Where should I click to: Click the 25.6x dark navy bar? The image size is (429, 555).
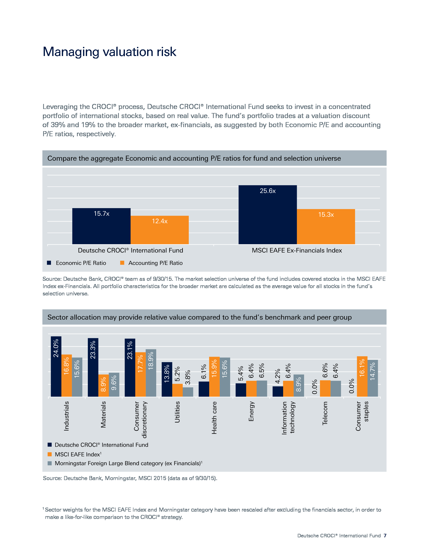pos(267,215)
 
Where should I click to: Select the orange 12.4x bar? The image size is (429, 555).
pos(159,230)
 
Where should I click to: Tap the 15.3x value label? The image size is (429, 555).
pos(326,215)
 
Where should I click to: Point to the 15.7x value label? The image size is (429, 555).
pos(101,214)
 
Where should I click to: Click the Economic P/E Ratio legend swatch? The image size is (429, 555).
pos(49,263)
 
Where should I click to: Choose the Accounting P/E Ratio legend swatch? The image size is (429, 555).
pos(122,263)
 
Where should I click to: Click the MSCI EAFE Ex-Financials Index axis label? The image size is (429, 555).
pos(297,251)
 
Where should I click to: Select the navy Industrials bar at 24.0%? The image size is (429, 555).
pos(56,367)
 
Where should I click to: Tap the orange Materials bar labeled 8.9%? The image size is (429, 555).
pos(103,385)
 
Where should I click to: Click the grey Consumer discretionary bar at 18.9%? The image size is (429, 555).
pos(151,373)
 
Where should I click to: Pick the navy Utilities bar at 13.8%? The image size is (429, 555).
pos(167,379)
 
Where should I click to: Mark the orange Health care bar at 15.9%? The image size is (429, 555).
pos(214,377)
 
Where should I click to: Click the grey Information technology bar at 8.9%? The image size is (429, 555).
pos(299,385)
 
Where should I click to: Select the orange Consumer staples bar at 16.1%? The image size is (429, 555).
pos(362,377)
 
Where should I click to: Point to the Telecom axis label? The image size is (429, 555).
pos(325,413)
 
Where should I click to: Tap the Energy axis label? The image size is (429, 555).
pos(251,411)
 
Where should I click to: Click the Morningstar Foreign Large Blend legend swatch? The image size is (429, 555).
pos(49,463)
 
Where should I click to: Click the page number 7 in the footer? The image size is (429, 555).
pos(385,535)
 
